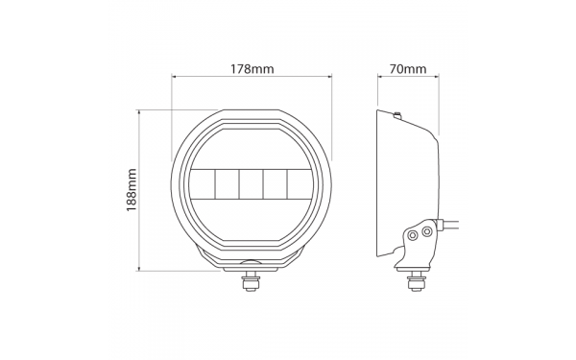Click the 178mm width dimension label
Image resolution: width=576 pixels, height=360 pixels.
252,69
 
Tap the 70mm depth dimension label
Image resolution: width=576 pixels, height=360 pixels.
408,69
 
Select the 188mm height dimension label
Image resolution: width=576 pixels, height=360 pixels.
132,190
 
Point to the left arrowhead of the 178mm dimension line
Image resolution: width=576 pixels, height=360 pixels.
175,77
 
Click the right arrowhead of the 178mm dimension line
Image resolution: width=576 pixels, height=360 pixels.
329,77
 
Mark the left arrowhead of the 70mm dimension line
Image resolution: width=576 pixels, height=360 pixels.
380,77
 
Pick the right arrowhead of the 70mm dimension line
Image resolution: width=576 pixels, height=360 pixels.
436,77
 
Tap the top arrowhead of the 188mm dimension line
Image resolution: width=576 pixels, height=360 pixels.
139,112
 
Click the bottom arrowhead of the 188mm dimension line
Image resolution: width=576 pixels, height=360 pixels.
139,268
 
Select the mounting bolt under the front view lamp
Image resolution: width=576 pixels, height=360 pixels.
251,281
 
